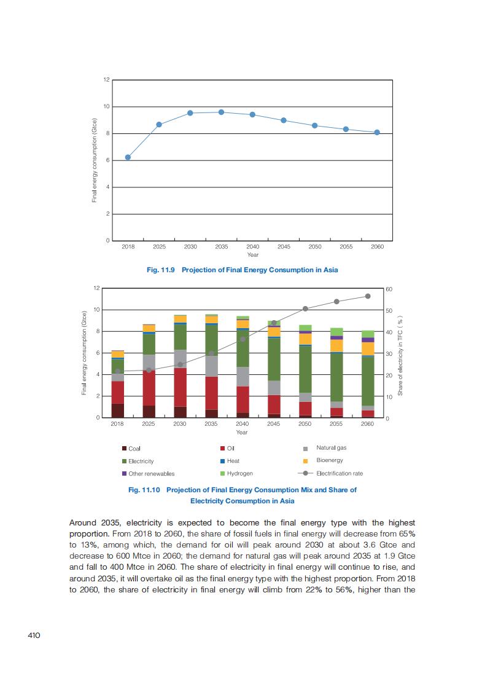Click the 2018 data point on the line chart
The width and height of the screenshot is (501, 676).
[x=128, y=157]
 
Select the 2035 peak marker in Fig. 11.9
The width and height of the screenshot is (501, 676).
[x=221, y=112]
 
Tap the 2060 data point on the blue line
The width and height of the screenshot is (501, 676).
[x=377, y=132]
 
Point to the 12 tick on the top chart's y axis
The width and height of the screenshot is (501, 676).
[x=106, y=80]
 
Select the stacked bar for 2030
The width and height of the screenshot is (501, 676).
[x=180, y=366]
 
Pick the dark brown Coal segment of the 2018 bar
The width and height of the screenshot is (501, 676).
[x=117, y=411]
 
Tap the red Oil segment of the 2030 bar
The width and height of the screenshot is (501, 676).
[x=180, y=387]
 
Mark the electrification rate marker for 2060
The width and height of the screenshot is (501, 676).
[x=368, y=296]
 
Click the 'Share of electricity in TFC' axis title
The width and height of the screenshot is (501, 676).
[x=400, y=356]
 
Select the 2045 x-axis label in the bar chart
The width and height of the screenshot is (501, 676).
[x=274, y=424]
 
